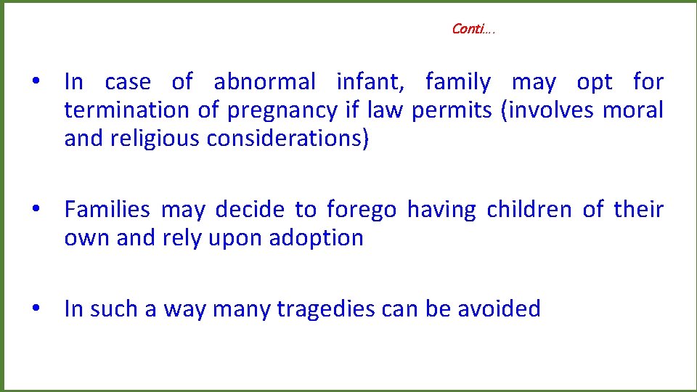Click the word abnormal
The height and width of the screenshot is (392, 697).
tap(265, 83)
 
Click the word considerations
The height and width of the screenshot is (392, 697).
tap(288, 139)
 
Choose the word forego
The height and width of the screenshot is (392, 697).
tap(362, 211)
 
